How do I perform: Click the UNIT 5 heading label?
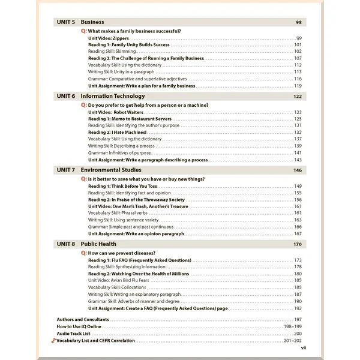pyautogui.click(x=65, y=22)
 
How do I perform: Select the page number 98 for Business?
pyautogui.click(x=298, y=22)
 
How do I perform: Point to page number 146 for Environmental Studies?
pyautogui.click(x=297, y=170)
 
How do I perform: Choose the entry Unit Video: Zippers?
pyautogui.click(x=108, y=38)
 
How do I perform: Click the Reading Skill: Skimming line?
pyautogui.click(x=112, y=52)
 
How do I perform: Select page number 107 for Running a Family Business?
pyautogui.click(x=297, y=58)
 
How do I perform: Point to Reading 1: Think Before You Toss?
pyautogui.click(x=122, y=186)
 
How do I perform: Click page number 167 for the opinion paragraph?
pyautogui.click(x=297, y=233)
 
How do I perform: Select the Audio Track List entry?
pyautogui.click(x=73, y=333)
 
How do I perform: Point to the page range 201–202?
pyautogui.click(x=292, y=340)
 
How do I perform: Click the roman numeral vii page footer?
pyautogui.click(x=303, y=347)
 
